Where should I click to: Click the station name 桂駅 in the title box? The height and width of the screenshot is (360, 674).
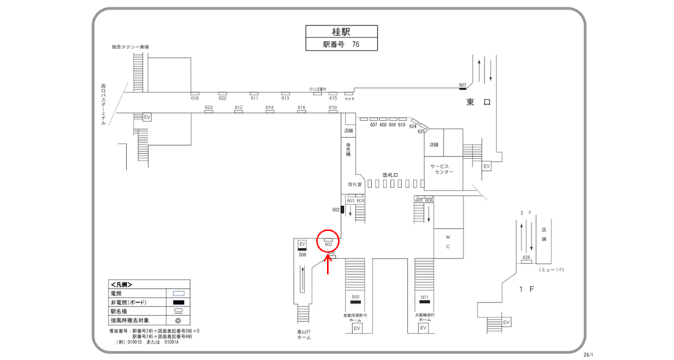[340, 32]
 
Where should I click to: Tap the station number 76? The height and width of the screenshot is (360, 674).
[355, 44]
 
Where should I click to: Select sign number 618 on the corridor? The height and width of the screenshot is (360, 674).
[195, 98]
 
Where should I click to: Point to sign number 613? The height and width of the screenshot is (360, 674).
[285, 98]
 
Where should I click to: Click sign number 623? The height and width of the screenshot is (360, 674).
[208, 108]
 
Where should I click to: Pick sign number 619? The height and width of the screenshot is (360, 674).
[332, 108]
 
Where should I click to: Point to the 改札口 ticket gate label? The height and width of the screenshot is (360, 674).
[389, 175]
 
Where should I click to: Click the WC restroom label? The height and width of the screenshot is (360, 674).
[447, 241]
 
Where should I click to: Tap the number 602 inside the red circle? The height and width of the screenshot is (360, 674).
[329, 243]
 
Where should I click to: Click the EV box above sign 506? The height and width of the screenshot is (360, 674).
[302, 243]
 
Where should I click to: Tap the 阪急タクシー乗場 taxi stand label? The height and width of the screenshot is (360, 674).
[130, 47]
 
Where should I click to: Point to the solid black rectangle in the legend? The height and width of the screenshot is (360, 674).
[178, 302]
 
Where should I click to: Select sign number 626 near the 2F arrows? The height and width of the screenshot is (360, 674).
[526, 258]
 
